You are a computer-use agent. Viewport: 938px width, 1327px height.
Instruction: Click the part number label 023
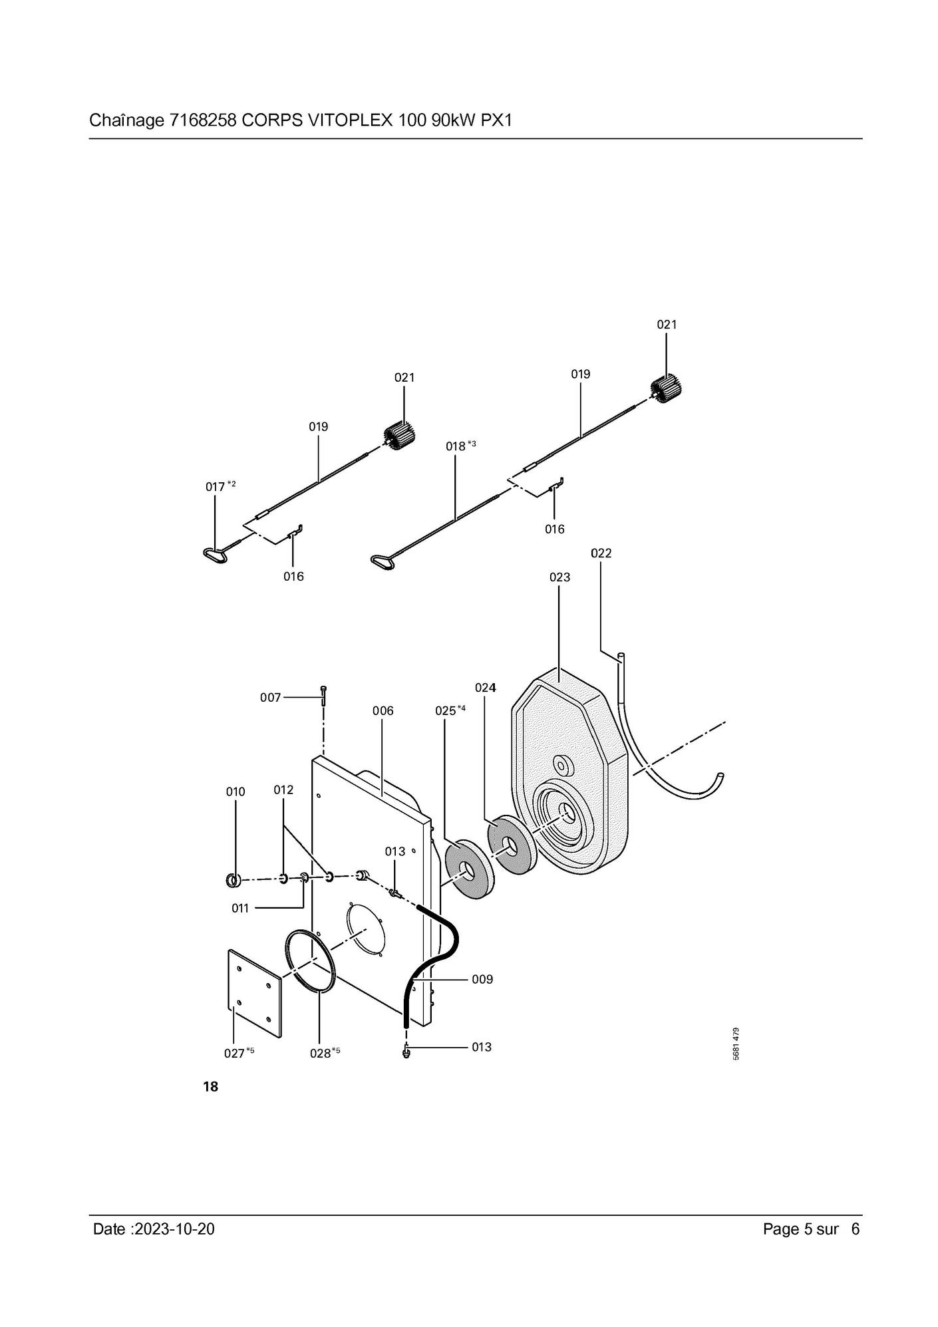pos(559,577)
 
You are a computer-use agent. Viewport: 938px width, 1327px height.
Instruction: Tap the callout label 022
pos(601,553)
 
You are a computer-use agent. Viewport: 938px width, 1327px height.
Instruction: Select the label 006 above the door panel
pos(383,710)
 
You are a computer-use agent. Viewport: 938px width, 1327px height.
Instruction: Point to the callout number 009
pos(482,979)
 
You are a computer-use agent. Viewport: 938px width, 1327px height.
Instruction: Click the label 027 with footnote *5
pos(239,1053)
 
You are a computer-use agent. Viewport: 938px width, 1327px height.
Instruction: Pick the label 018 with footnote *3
pos(460,446)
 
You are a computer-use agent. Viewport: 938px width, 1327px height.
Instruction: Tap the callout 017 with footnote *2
pos(220,486)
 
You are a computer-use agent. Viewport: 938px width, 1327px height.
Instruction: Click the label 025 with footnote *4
pos(450,710)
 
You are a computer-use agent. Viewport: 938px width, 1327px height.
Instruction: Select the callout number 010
pos(235,792)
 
